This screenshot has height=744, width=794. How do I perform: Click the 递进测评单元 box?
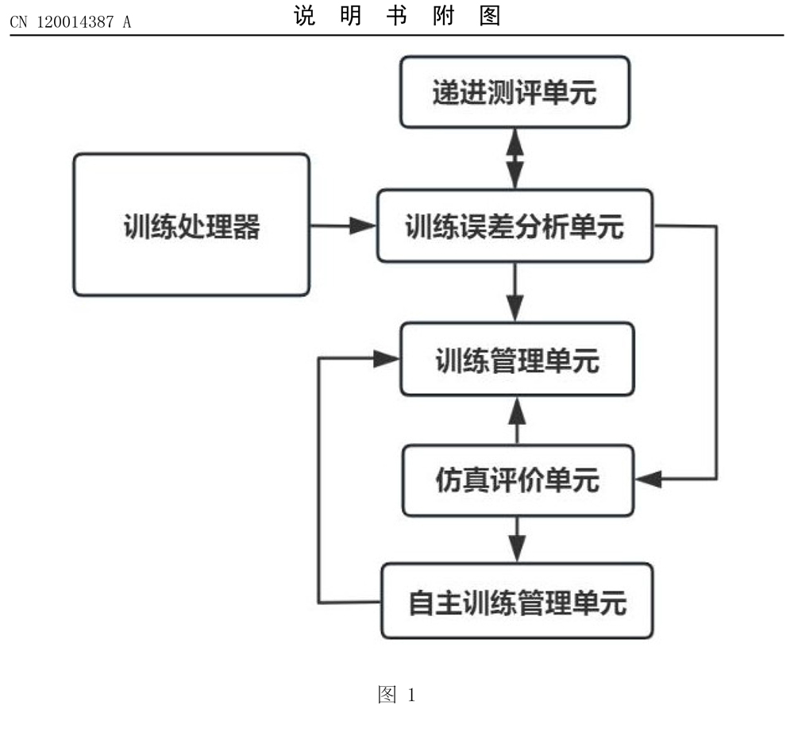point(515,93)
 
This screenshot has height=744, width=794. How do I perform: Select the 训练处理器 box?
point(191,226)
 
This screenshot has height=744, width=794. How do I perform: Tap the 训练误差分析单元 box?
point(515,226)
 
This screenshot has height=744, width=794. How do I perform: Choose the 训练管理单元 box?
point(517,360)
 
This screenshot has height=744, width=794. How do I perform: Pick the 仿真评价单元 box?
point(517,480)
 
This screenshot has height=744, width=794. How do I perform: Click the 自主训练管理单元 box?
point(517,601)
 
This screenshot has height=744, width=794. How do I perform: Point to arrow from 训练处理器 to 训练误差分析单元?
point(342,226)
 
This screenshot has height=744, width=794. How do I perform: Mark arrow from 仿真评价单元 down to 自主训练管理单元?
point(517,538)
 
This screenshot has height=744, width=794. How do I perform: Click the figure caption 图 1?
point(395,696)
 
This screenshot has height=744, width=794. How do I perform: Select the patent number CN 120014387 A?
point(70,21)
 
